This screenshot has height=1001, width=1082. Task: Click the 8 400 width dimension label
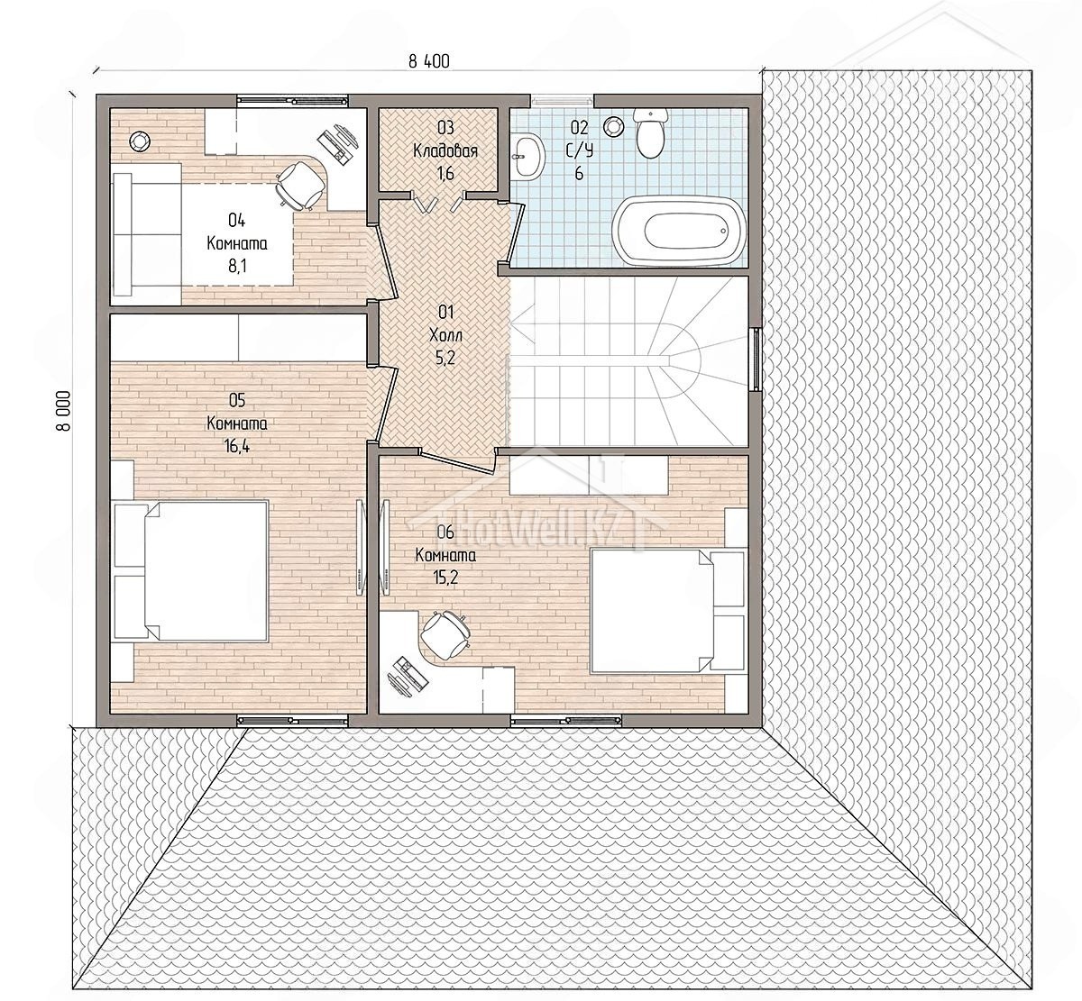[429, 61]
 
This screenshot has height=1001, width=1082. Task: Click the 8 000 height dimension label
[63, 411]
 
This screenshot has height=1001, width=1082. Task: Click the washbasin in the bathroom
[527, 156]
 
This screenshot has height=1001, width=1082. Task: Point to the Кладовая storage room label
[445, 150]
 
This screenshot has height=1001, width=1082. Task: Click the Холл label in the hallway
[445, 335]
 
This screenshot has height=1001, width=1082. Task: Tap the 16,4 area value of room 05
[237, 447]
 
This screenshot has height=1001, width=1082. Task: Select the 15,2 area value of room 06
[445, 578]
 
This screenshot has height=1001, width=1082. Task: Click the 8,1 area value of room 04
[237, 267]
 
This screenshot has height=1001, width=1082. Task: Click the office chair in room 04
[298, 185]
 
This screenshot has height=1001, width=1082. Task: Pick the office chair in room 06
[445, 635]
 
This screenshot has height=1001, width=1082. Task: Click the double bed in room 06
[668, 611]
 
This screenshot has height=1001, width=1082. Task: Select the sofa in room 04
[147, 233]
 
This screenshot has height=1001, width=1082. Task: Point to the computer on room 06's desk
[406, 676]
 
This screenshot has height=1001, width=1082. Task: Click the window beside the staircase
[756, 359]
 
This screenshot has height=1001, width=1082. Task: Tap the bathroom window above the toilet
[562, 100]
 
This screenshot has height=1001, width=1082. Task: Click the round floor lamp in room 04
[138, 141]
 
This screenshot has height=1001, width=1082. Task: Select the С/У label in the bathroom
[579, 150]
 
